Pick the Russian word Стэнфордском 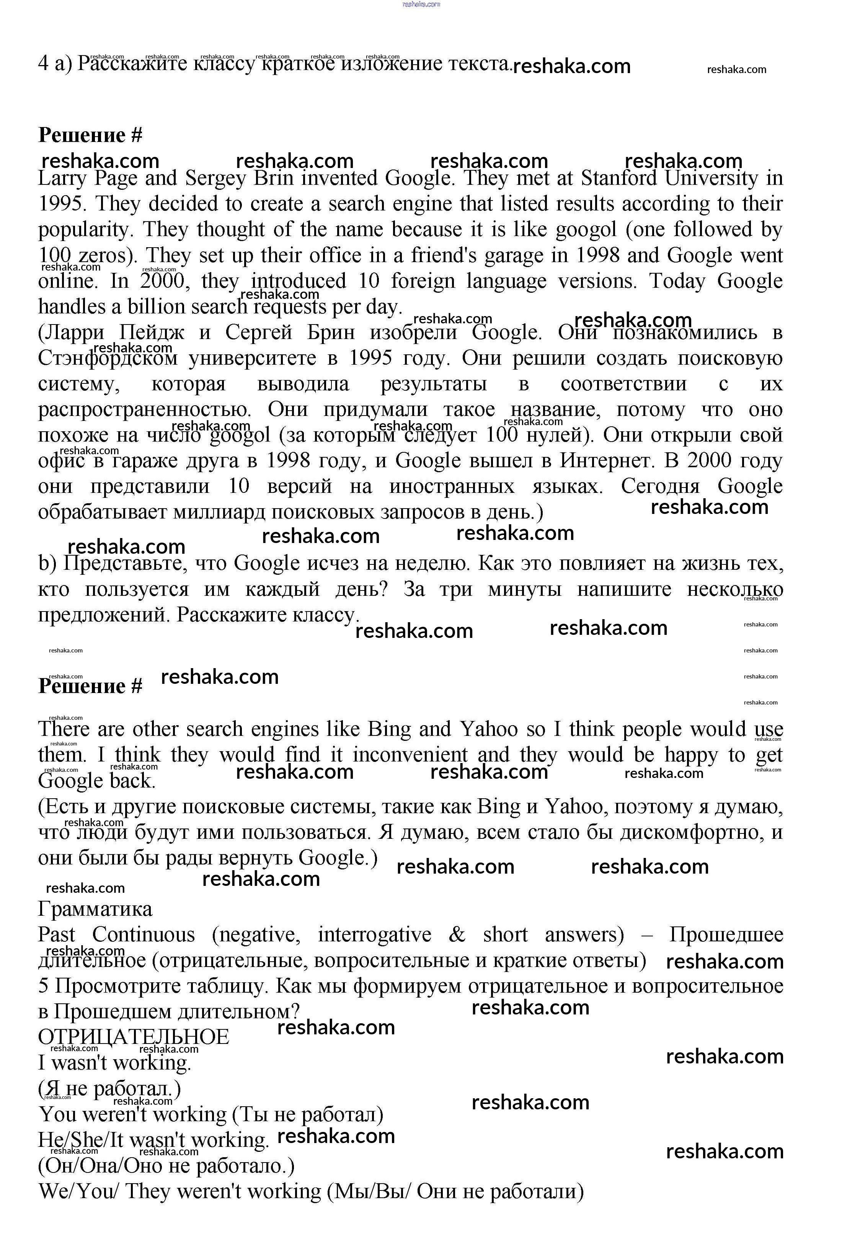coord(108,358)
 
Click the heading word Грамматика coord(95,909)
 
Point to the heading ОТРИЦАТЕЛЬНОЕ coord(134,1037)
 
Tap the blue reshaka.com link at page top coord(421,4)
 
